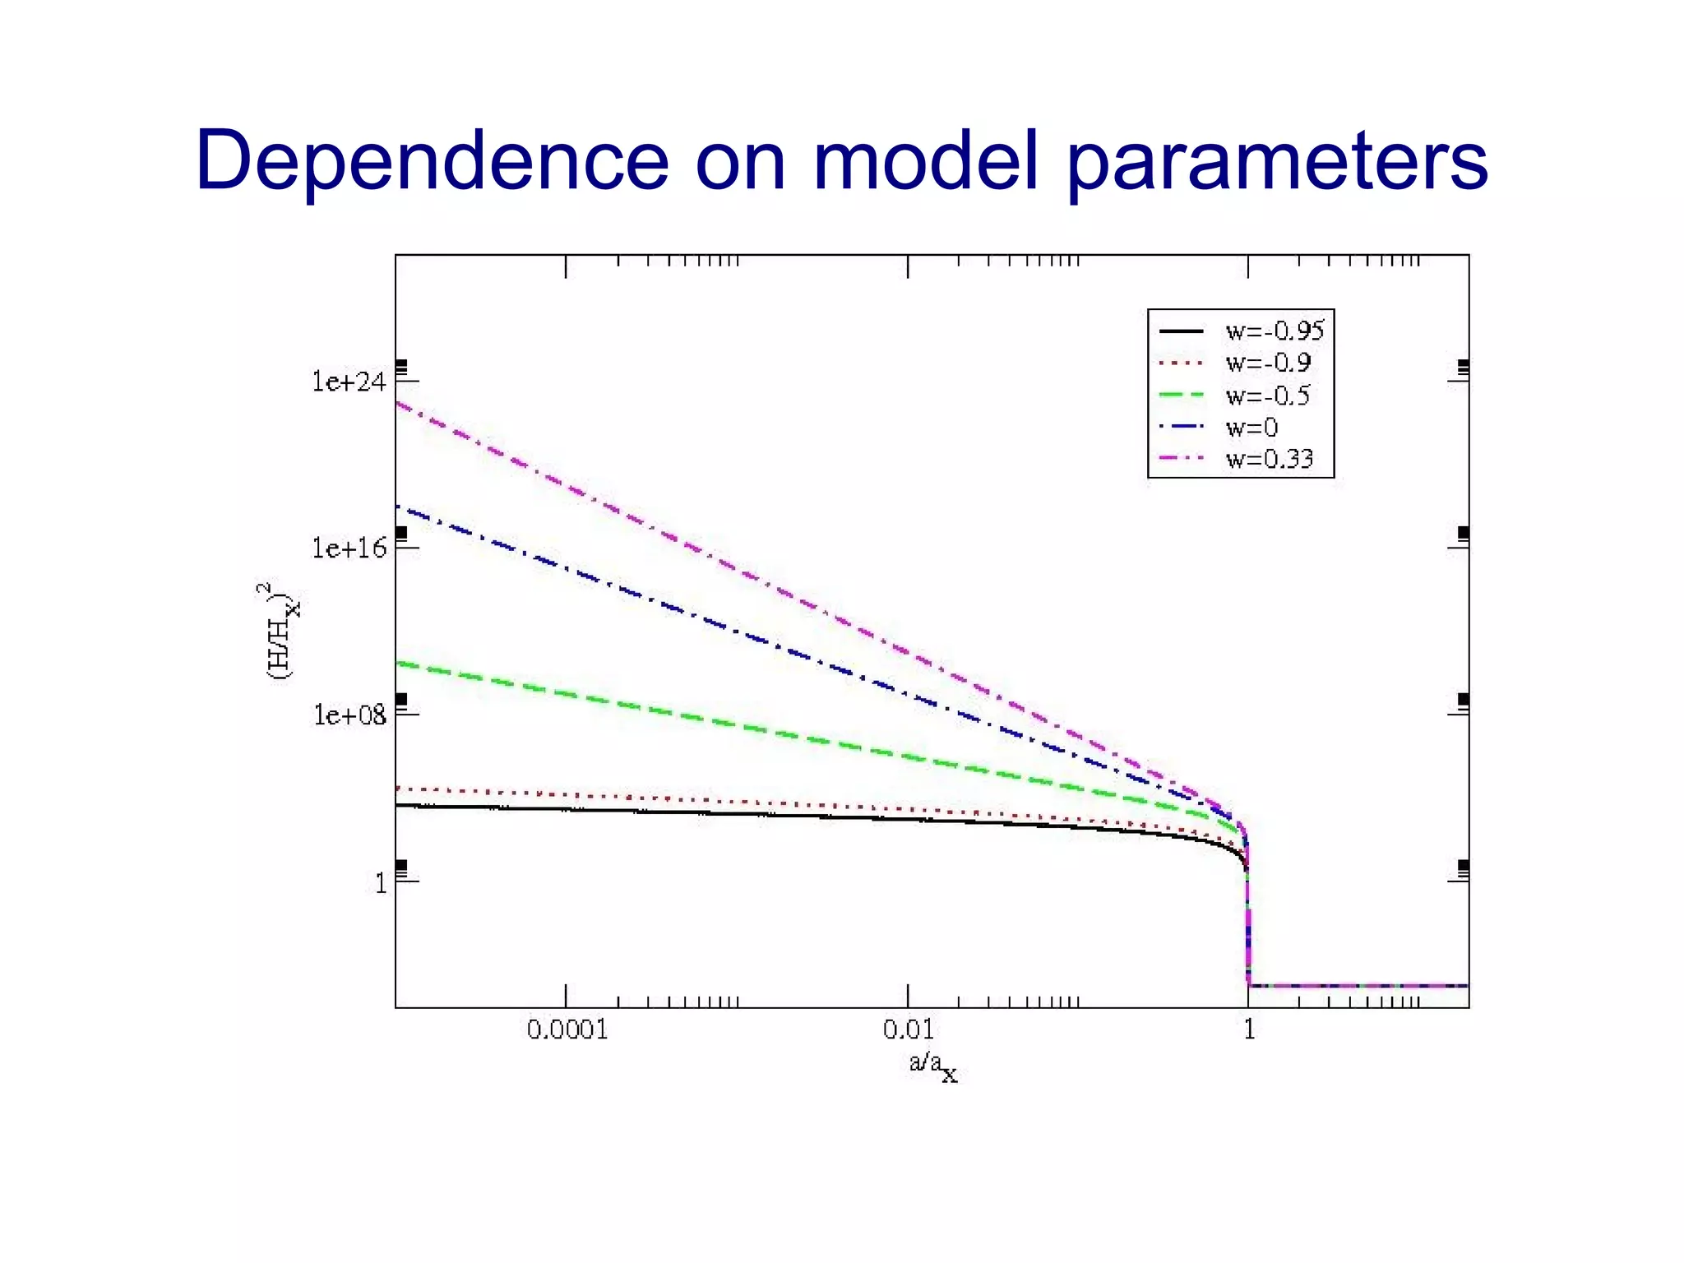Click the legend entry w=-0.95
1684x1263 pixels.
click(x=1274, y=331)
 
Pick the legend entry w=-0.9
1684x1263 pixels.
click(x=1267, y=363)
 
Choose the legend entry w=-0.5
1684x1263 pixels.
click(x=1267, y=396)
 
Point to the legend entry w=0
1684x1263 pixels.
click(x=1251, y=428)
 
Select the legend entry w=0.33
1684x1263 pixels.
click(x=1269, y=459)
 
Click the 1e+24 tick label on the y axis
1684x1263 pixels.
click(x=349, y=382)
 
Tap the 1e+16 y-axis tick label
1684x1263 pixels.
click(x=349, y=548)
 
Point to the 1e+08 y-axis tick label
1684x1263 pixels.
click(x=349, y=715)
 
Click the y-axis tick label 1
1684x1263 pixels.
click(x=380, y=883)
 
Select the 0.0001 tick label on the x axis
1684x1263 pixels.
click(x=567, y=1029)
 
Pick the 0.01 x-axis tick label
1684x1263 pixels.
click(x=908, y=1029)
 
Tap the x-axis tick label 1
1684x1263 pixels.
click(x=1249, y=1029)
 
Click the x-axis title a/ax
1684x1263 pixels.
click(x=932, y=1065)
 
